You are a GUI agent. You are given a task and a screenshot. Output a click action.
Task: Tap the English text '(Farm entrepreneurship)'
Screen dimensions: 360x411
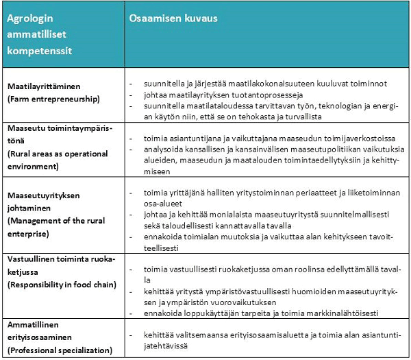pos(53,99)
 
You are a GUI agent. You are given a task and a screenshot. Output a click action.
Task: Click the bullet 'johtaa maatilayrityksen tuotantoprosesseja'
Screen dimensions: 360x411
pos(219,95)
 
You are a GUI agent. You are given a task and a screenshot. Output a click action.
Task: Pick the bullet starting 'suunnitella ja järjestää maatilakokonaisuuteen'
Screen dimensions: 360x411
pos(261,83)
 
